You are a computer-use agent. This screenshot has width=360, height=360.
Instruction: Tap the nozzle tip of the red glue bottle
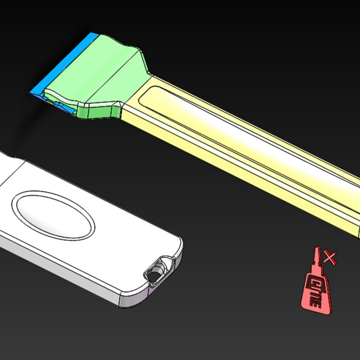[x=316, y=250]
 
